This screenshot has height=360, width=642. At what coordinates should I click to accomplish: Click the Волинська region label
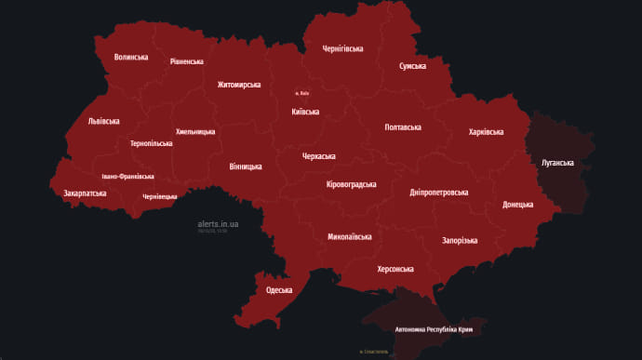[x=131, y=57]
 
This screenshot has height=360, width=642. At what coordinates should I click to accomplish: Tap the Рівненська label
[x=186, y=61]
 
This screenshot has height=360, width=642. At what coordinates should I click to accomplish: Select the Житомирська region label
[x=239, y=85]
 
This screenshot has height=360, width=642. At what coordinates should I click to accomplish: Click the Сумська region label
[x=412, y=66]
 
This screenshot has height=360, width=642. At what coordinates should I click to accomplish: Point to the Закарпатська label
[x=85, y=193]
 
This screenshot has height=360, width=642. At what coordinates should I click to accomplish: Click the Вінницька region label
[x=246, y=167]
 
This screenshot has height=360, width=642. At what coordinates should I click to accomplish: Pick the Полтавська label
[x=403, y=127]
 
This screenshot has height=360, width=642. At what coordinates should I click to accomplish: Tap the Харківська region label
[x=486, y=133]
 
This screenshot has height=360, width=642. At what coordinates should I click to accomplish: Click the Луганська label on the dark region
[x=557, y=163]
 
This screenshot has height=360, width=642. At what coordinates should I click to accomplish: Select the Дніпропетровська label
[x=439, y=193]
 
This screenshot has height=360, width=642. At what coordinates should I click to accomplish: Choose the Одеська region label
[x=279, y=290]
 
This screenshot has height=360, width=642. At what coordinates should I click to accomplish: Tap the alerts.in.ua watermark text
[x=219, y=224]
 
